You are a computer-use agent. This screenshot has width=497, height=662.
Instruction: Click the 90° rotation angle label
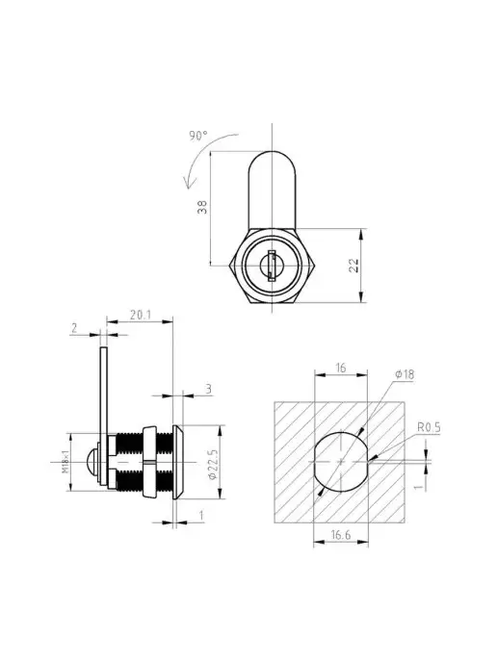point(198,136)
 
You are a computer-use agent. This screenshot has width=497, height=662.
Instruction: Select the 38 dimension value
point(203,207)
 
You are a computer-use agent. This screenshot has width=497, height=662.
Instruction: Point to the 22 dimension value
point(353,266)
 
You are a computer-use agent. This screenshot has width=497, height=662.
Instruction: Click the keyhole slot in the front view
point(272,266)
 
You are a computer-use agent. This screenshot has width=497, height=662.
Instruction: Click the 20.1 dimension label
point(140,315)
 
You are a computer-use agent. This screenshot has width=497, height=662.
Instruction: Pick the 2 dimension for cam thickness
point(75,327)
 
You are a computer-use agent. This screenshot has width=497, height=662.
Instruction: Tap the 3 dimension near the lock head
point(208,389)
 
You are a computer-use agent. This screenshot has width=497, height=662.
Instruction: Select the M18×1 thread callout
point(65,462)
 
